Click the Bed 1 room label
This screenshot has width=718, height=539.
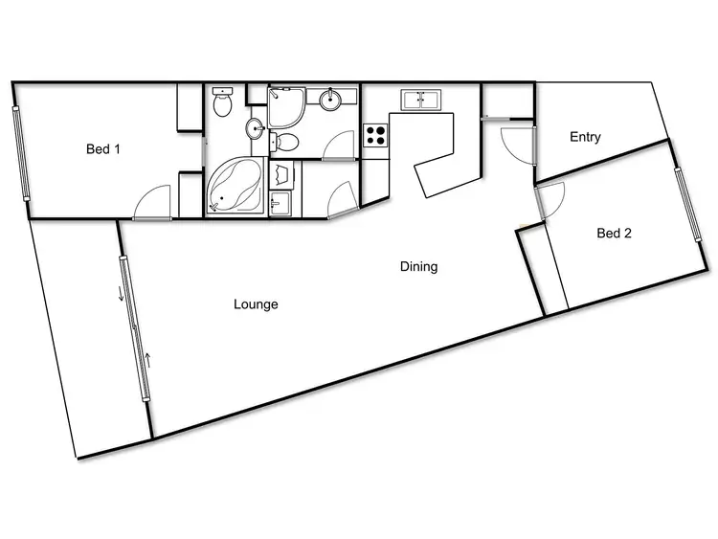point(103,148)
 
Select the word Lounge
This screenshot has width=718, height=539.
point(256,304)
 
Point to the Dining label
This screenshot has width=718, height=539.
point(418,267)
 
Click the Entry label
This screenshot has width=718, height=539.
point(585,137)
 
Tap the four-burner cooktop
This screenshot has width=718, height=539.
point(375,135)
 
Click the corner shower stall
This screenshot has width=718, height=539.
point(285,107)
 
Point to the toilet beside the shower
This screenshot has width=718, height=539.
point(286,142)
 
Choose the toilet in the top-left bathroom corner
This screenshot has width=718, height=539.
point(223,102)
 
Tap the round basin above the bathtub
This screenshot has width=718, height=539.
point(255,128)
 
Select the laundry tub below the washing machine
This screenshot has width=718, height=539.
point(280,203)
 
